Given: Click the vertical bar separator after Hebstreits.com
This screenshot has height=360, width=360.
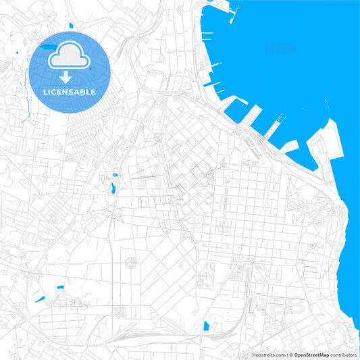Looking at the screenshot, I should (x=287, y=355).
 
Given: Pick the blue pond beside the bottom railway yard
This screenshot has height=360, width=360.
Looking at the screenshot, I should (x=206, y=326).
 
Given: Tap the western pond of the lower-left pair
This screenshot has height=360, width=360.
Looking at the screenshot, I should (x=40, y=298).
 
